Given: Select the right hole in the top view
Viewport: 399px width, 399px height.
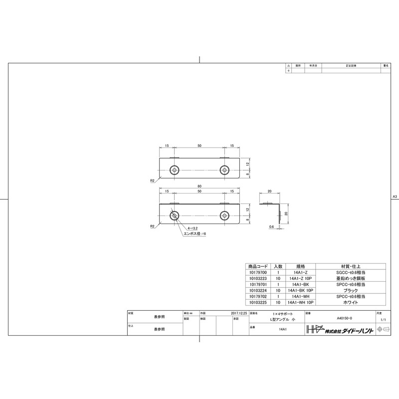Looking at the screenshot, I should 224,170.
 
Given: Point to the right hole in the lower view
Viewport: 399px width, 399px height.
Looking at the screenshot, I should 224,216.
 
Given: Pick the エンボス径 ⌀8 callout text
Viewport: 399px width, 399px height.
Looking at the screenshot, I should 196,233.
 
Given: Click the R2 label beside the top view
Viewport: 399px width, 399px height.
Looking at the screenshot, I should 152,180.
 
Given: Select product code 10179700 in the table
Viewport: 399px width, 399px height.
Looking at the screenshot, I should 258,273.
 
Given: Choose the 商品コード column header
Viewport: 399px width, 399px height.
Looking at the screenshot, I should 258,266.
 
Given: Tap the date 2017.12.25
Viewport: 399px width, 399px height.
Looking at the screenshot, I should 240,313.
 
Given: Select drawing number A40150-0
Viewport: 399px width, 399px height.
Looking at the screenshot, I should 344,318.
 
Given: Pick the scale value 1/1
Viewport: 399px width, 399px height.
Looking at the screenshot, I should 383,318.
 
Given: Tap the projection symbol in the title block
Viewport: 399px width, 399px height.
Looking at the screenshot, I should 383,329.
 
